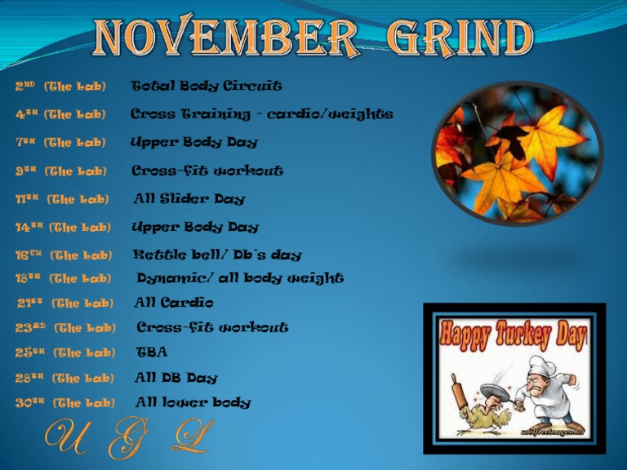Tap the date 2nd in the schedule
click(24, 86)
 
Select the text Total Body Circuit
click(207, 86)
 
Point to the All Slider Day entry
click(189, 198)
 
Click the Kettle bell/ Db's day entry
click(217, 255)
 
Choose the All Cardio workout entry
click(174, 303)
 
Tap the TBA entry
click(152, 352)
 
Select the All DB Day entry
click(176, 378)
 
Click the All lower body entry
click(193, 402)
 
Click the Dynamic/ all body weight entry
click(240, 278)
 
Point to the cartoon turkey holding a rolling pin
click(471, 408)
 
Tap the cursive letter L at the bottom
click(193, 437)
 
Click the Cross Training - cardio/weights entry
click(262, 114)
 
